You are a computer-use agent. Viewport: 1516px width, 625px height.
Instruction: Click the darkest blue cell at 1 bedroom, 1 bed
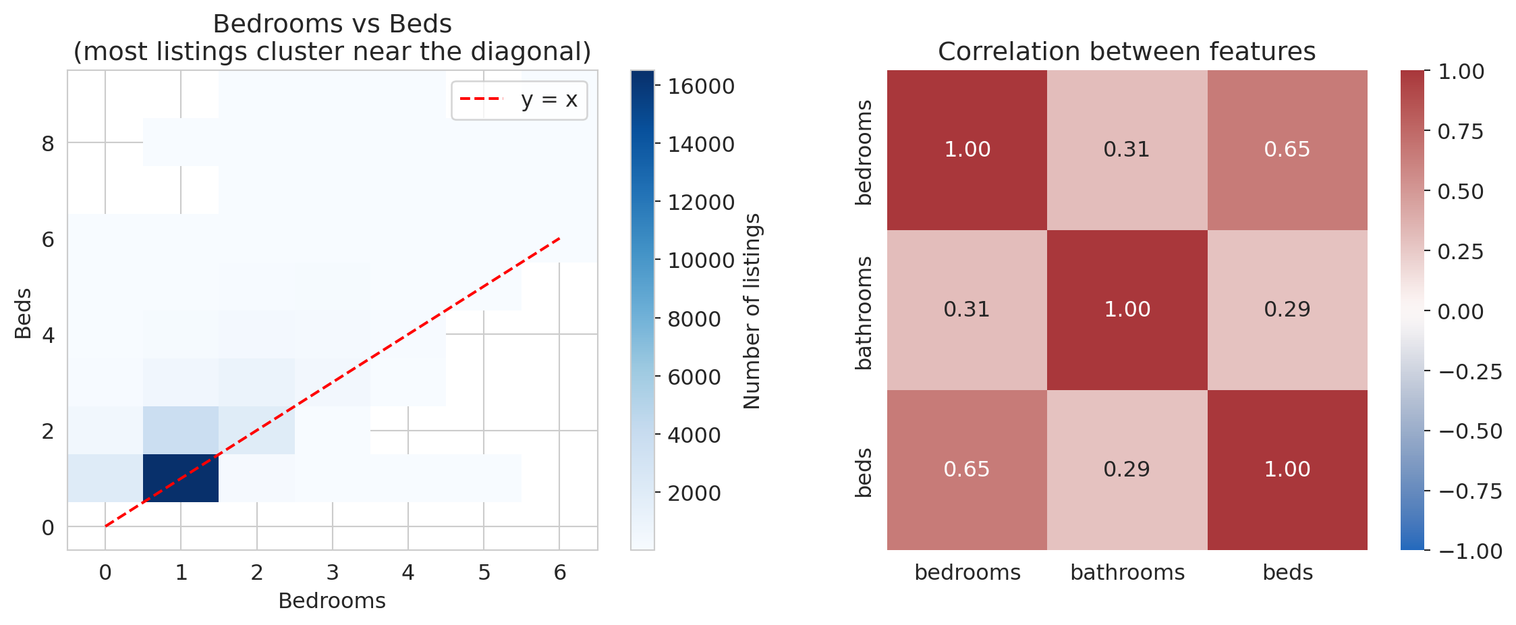click(x=181, y=478)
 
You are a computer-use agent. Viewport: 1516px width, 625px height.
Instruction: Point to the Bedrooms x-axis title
click(x=331, y=601)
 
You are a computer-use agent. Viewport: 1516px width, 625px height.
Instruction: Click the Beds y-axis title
click(x=23, y=313)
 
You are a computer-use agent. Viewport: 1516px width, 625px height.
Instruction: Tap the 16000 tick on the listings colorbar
click(x=701, y=86)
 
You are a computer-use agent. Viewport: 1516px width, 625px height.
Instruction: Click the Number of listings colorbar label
click(x=752, y=311)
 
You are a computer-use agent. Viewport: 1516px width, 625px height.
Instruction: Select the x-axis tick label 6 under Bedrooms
click(x=559, y=573)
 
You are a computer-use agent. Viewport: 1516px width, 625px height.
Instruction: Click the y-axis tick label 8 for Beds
click(x=47, y=144)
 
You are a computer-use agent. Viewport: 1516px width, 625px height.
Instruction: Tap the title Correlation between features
click(x=1126, y=51)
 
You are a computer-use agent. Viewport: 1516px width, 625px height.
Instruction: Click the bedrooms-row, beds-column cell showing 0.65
click(x=1287, y=149)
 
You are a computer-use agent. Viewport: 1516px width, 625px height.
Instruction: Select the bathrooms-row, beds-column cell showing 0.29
click(x=1287, y=309)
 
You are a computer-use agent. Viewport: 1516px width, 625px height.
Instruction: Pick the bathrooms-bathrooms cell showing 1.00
click(x=1127, y=309)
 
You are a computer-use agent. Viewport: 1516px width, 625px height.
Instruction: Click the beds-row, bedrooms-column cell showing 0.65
click(x=966, y=469)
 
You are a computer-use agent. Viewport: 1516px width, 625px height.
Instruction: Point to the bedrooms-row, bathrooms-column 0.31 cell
click(x=1127, y=149)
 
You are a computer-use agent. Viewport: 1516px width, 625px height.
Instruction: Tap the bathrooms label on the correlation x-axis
click(x=1127, y=572)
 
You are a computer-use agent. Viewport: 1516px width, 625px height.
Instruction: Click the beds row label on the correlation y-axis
click(x=864, y=472)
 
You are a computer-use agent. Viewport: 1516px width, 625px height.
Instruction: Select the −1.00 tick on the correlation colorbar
click(x=1470, y=551)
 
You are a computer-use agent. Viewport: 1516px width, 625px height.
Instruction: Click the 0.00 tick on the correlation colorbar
click(x=1460, y=312)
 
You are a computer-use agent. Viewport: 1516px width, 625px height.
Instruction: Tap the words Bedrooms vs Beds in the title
click(x=332, y=24)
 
